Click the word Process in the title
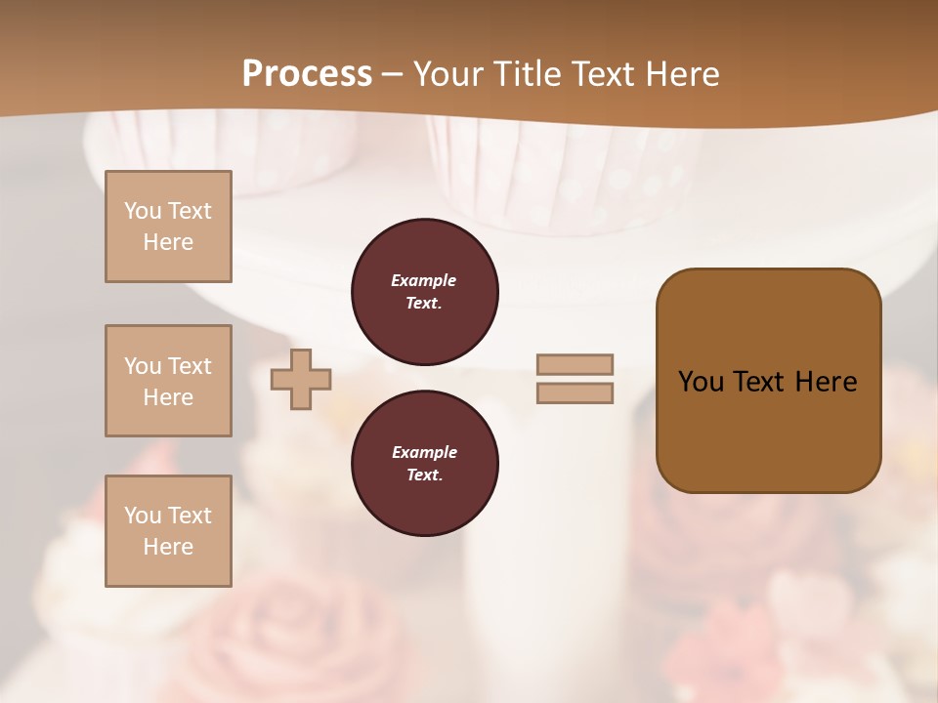[307, 74]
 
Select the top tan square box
[168, 227]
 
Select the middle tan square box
[168, 381]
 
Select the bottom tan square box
[168, 531]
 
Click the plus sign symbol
[301, 379]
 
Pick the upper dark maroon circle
[424, 291]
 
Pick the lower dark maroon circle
[424, 463]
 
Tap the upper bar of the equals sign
[575, 364]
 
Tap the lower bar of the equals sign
[575, 393]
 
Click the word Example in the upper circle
[424, 280]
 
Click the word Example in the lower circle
[424, 452]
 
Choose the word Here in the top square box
[168, 242]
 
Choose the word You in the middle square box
[142, 366]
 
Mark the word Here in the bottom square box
[168, 547]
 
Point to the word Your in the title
[448, 74]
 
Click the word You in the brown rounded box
[701, 382]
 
